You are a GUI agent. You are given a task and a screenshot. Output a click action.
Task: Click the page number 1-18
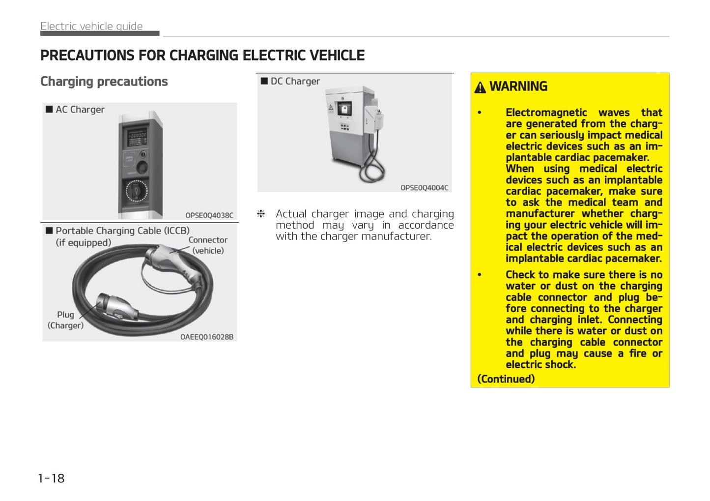click(52, 478)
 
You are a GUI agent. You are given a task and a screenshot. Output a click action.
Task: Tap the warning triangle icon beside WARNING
click(480, 87)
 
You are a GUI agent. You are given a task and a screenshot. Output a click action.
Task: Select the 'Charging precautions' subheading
click(104, 82)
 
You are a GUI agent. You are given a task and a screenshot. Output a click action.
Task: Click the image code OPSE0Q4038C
click(209, 215)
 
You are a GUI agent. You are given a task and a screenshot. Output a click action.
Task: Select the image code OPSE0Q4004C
click(425, 188)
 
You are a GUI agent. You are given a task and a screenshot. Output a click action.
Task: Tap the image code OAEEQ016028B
click(207, 337)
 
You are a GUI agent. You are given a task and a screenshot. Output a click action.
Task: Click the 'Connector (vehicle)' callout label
click(208, 245)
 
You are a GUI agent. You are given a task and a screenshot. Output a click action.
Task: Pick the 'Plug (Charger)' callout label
click(66, 320)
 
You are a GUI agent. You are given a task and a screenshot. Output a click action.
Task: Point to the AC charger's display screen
click(137, 137)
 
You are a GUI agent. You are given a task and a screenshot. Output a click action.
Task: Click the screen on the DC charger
click(344, 109)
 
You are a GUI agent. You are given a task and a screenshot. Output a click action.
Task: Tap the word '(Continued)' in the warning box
click(506, 379)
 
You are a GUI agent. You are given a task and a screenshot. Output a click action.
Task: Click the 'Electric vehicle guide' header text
click(91, 26)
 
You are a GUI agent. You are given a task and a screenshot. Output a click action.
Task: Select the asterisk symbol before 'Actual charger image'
click(261, 214)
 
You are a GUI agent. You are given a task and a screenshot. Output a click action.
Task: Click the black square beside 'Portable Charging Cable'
click(49, 231)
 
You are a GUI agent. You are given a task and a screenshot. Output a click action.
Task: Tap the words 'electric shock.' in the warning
click(541, 365)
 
